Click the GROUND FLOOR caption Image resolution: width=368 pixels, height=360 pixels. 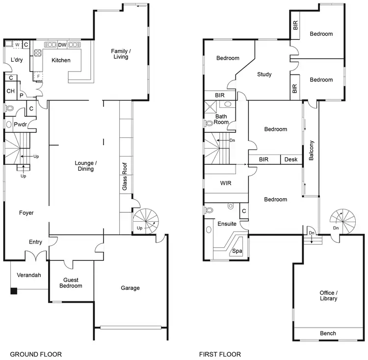coord(36,354)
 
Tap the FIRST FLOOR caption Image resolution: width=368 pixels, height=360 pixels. coord(220,354)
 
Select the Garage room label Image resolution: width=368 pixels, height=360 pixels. coord(131,288)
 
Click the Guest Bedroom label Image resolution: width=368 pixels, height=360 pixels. coord(71,283)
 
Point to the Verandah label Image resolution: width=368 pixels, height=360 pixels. coord(28,275)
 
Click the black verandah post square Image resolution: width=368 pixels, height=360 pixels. coord(14,291)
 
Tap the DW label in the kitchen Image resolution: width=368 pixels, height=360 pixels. coord(62,45)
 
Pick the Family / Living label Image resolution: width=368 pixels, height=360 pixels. coord(120,54)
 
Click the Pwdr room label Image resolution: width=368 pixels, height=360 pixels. coord(20,125)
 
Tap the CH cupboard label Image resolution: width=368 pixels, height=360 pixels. coord(10,91)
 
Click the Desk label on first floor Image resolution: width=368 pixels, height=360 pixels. coord(290,159)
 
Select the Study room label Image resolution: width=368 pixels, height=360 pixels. coord(264,75)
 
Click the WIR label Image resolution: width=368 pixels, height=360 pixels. coord(226,183)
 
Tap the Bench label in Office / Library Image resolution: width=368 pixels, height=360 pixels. coord(328,334)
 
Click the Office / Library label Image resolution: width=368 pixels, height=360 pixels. coord(328,295)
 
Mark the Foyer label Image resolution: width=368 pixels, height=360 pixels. coord(26,213)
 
